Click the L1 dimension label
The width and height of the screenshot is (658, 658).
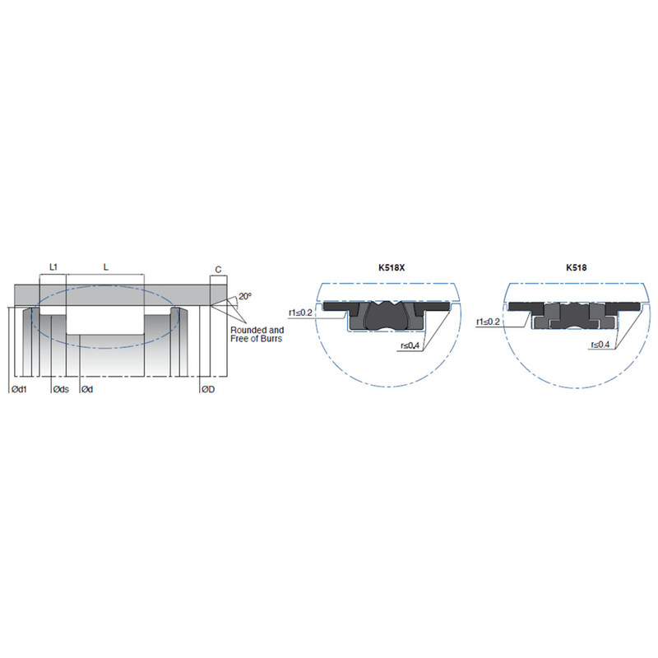53,266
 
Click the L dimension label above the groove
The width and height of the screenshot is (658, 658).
106,266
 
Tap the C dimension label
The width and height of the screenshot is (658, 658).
218,270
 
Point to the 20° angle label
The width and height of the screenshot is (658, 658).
245,296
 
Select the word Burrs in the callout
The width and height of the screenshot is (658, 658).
271,339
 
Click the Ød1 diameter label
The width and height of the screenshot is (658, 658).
19,389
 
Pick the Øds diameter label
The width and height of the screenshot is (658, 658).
61,389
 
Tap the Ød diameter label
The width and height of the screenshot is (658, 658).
87,389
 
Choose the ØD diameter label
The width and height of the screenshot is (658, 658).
208,389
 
